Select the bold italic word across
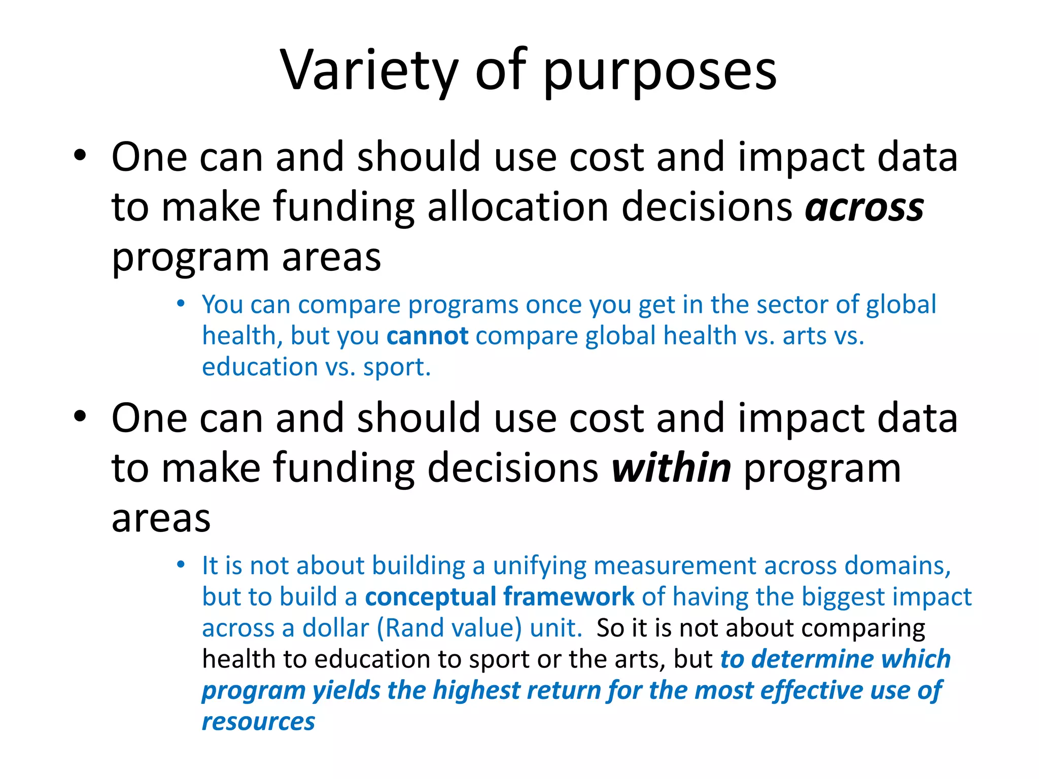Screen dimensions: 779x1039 click(864, 208)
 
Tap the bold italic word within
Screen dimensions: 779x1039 click(671, 468)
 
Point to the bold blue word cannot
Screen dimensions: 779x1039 click(427, 336)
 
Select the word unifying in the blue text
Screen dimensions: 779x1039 click(539, 565)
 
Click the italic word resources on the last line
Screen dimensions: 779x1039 click(258, 721)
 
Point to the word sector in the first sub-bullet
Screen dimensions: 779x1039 click(792, 305)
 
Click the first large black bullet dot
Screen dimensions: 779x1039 click(80, 156)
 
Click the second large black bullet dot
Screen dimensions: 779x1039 click(80, 416)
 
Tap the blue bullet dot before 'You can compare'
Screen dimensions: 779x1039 click(181, 304)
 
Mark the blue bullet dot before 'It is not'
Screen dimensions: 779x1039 click(181, 564)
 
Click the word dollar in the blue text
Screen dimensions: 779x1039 click(335, 628)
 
